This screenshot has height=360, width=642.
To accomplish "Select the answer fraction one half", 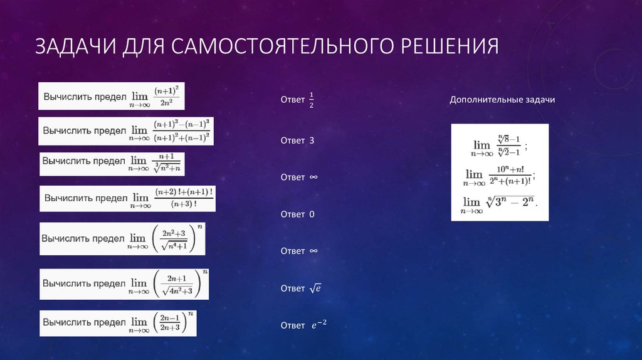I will tap(312, 100).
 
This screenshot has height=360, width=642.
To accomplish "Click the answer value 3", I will tap(312, 140).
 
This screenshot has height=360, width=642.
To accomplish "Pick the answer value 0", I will tap(312, 214).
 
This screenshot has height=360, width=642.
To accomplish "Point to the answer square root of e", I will tap(315, 289).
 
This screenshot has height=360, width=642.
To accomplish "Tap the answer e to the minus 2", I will tap(319, 325).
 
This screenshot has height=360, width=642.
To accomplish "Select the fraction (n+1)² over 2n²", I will tap(167, 97).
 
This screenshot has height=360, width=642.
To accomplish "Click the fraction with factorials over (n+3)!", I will tap(184, 198).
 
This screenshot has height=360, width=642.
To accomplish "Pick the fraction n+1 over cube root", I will tap(167, 162).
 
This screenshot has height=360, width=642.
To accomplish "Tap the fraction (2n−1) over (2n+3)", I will tap(169, 322).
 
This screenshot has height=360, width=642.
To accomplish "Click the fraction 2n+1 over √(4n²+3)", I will tap(180, 284).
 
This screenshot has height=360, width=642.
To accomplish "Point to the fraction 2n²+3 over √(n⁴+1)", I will tap(175, 238).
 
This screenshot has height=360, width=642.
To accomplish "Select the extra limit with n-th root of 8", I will tap(499, 146).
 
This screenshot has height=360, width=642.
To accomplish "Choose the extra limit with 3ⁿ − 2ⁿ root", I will tap(500, 204).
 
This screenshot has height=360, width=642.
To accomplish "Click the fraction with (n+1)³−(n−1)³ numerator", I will tap(182, 130).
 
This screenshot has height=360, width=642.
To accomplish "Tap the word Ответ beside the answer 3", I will tap(293, 140).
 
